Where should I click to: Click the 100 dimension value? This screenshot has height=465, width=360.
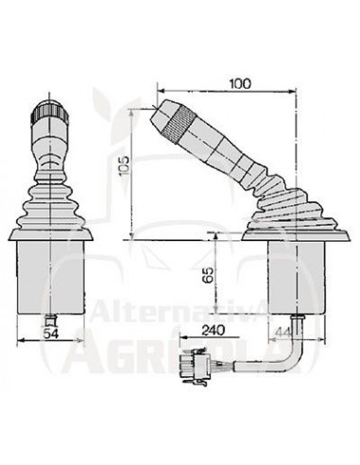[240, 84]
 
